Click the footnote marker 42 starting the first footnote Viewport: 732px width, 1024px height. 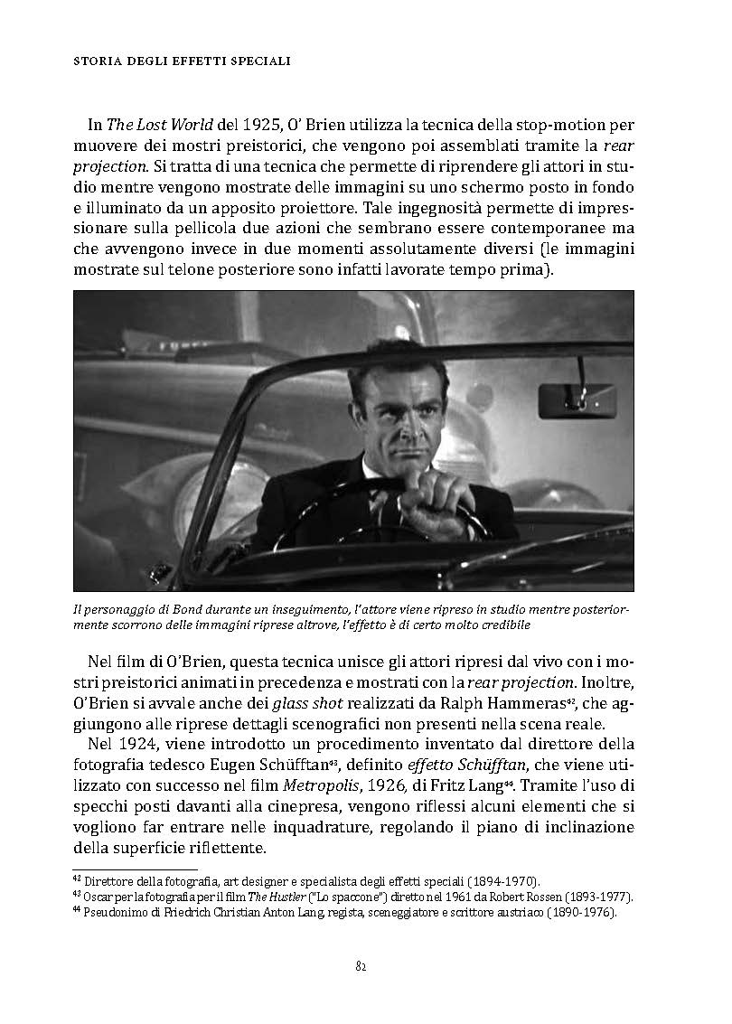tap(76, 878)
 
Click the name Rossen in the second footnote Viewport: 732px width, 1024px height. tap(556, 896)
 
